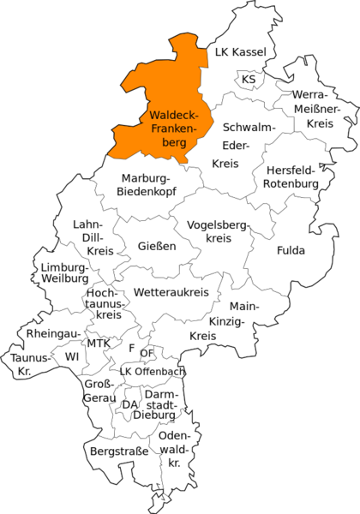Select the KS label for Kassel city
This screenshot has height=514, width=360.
(249, 80)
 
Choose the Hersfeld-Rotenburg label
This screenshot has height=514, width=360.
(291, 176)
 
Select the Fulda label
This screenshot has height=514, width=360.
(291, 251)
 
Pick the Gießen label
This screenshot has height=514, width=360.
(157, 246)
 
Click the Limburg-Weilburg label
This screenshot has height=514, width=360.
(64, 273)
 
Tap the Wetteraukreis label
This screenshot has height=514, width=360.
(171, 293)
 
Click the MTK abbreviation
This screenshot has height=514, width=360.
(99, 344)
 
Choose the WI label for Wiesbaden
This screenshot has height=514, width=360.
(71, 356)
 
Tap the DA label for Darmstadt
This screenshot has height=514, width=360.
(130, 404)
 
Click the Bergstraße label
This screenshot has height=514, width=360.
(118, 450)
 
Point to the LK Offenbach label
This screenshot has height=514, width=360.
(152, 371)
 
